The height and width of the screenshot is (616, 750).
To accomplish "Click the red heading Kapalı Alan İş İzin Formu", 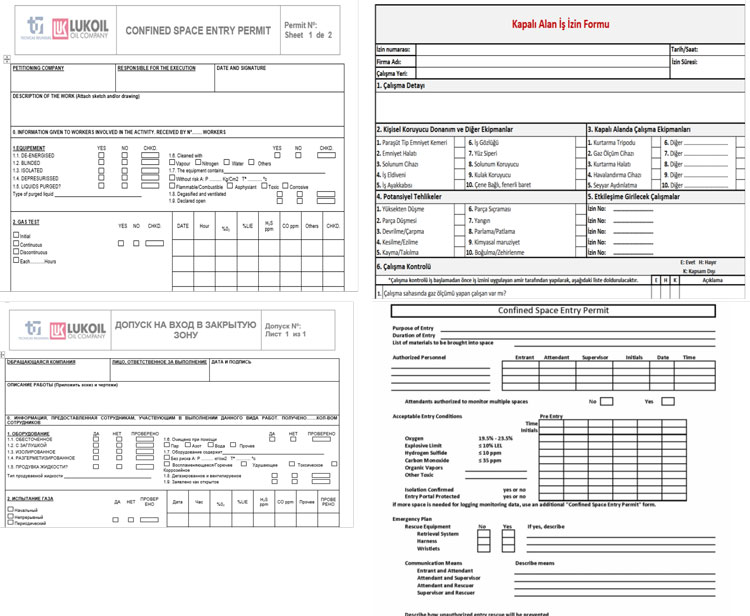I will coord(560,22).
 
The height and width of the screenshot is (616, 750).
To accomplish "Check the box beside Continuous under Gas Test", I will coord(15,243).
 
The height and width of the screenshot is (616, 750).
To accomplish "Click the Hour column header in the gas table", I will coord(204,226).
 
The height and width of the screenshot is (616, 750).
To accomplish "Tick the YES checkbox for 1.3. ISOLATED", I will coord(101,170).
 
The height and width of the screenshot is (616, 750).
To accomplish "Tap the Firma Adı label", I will coord(390,61).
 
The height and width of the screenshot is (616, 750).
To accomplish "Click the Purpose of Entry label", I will coord(414,328).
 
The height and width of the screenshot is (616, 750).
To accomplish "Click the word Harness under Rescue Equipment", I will coord(429,541).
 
